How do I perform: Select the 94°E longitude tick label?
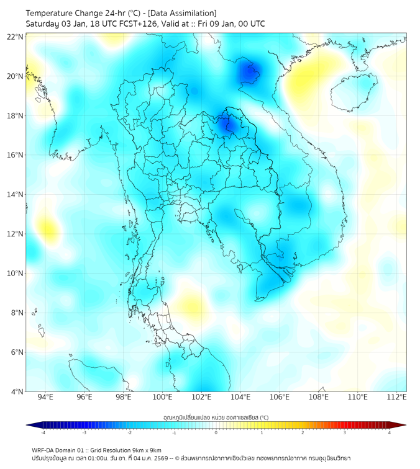coord(45,398)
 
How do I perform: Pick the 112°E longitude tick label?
coord(397,398)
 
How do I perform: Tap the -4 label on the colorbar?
coord(43,432)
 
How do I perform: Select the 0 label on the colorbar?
coord(216,432)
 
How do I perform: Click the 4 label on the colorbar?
coord(390,432)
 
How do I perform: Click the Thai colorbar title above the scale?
coord(216,418)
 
